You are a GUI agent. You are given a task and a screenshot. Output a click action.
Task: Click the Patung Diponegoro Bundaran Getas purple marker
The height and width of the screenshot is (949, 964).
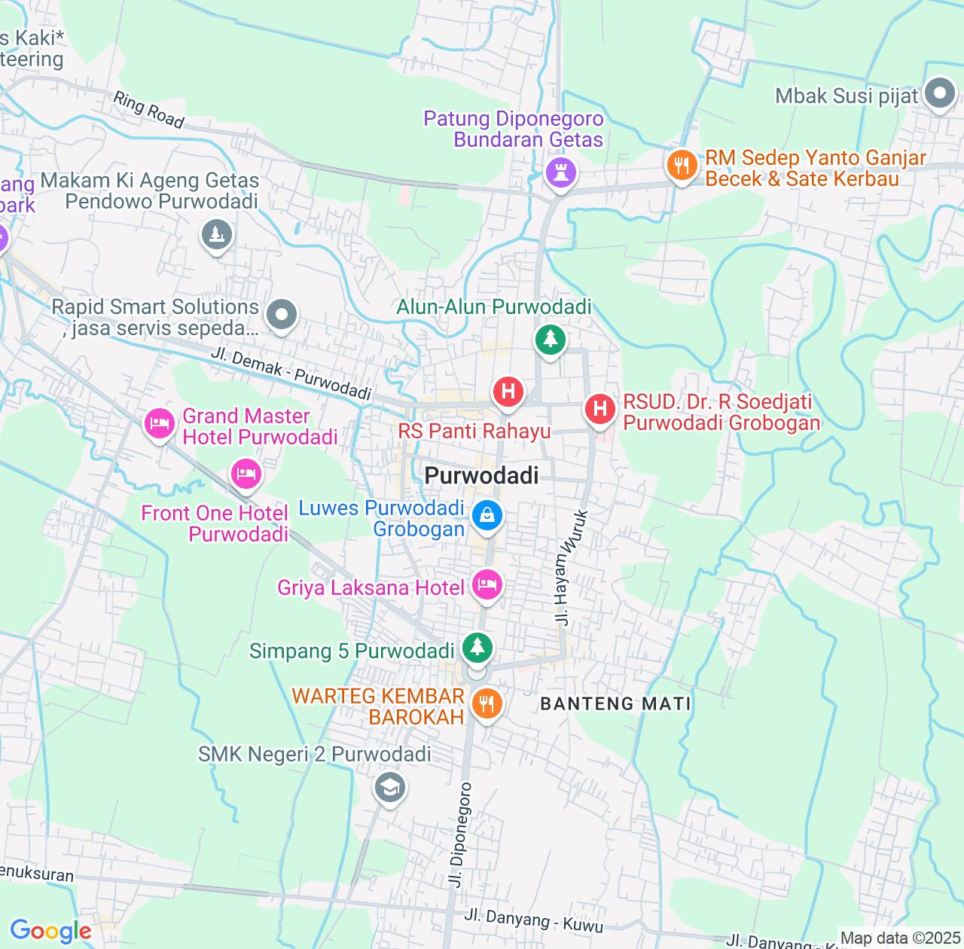click(x=560, y=172)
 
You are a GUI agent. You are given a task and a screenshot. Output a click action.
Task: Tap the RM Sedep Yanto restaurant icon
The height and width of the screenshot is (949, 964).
click(x=682, y=165)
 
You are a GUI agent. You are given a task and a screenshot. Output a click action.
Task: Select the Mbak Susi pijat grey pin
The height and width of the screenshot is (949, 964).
click(x=940, y=95)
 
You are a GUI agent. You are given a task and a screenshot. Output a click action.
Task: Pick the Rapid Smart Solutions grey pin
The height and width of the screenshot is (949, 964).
click(x=282, y=315)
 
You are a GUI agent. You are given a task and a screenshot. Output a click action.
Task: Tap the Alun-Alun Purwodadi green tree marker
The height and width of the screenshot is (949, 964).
click(x=551, y=340)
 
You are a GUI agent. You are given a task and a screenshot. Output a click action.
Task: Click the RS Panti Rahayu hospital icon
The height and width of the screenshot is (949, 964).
click(x=508, y=392)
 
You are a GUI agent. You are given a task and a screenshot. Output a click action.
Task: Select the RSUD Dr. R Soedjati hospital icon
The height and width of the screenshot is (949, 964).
click(x=600, y=409)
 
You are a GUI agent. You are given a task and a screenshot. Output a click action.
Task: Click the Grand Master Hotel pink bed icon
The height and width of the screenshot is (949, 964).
click(x=160, y=424)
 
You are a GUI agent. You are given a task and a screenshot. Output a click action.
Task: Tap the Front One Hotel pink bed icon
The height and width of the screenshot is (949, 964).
click(x=246, y=474)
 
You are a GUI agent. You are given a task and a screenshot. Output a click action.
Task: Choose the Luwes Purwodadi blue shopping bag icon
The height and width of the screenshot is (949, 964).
click(x=487, y=516)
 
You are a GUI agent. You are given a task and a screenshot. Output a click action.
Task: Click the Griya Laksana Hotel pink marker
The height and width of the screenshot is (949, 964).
click(x=487, y=584)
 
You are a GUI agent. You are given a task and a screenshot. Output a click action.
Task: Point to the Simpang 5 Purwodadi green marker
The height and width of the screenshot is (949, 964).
click(x=477, y=648)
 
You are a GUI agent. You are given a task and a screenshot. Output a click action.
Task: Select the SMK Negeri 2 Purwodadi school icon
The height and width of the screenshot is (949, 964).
click(x=389, y=789)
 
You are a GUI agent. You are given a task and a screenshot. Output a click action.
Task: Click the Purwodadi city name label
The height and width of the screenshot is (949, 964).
click(x=482, y=475)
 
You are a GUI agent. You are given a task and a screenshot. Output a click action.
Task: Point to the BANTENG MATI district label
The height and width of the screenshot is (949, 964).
click(x=616, y=703)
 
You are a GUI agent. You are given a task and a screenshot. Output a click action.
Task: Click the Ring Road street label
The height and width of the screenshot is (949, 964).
click(x=148, y=110)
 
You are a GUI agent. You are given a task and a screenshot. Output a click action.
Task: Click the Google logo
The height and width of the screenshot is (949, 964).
click(x=50, y=932)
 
